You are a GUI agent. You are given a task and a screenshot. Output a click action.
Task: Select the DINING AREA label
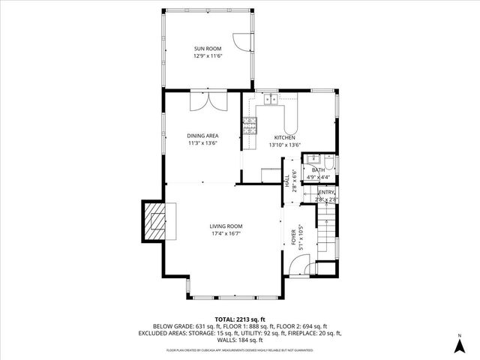pyautogui.click(x=202, y=136)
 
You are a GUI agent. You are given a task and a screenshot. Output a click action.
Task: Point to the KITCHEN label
pyautogui.click(x=286, y=138)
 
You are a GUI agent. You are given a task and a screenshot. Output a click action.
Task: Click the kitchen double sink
pyautogui.click(x=270, y=99)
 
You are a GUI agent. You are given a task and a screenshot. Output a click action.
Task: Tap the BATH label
pyautogui.click(x=319, y=170)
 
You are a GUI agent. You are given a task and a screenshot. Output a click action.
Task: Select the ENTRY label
pyautogui.click(x=326, y=193)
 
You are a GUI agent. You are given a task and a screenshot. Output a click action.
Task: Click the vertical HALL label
pyautogui.click(x=287, y=183)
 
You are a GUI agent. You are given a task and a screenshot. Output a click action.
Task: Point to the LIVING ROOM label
pyautogui.click(x=225, y=226)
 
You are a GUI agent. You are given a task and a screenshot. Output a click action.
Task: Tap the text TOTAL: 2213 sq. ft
pyautogui.click(x=240, y=319)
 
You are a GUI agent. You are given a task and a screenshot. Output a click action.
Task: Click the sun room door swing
pyautogui.click(x=241, y=41)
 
